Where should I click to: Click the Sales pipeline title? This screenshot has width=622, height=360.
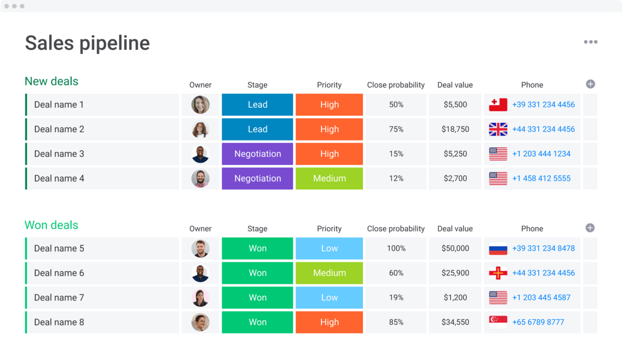[x=87, y=43]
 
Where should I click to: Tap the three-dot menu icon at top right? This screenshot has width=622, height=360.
[x=590, y=42]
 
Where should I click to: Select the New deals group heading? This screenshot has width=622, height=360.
[x=51, y=81]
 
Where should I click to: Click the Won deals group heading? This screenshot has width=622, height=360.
[x=51, y=225]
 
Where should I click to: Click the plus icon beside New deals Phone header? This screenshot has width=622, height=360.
[x=590, y=84]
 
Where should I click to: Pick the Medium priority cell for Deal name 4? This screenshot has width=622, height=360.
[x=329, y=178]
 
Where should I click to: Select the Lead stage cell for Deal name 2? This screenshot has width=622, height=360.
[x=257, y=129]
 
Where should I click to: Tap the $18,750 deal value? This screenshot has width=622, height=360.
[x=455, y=129]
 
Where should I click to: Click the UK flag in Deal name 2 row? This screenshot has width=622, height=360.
[x=498, y=129]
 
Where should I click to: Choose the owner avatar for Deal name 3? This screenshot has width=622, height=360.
[x=200, y=154]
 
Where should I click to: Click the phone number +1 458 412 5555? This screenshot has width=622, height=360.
[x=541, y=178]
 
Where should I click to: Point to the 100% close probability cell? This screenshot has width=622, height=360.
[x=396, y=248]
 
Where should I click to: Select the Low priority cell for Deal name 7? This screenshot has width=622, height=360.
[x=329, y=298]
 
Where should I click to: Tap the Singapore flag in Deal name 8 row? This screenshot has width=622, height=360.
[x=498, y=322]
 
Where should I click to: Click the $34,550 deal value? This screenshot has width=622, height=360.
[x=455, y=322]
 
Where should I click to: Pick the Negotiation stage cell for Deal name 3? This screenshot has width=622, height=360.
[x=257, y=154]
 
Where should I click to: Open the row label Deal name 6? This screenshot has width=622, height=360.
[x=59, y=273]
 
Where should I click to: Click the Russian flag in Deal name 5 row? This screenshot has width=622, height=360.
[x=498, y=248]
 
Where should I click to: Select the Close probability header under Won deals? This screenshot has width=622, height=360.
[x=395, y=229]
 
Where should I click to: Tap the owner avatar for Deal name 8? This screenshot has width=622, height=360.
[x=200, y=322]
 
